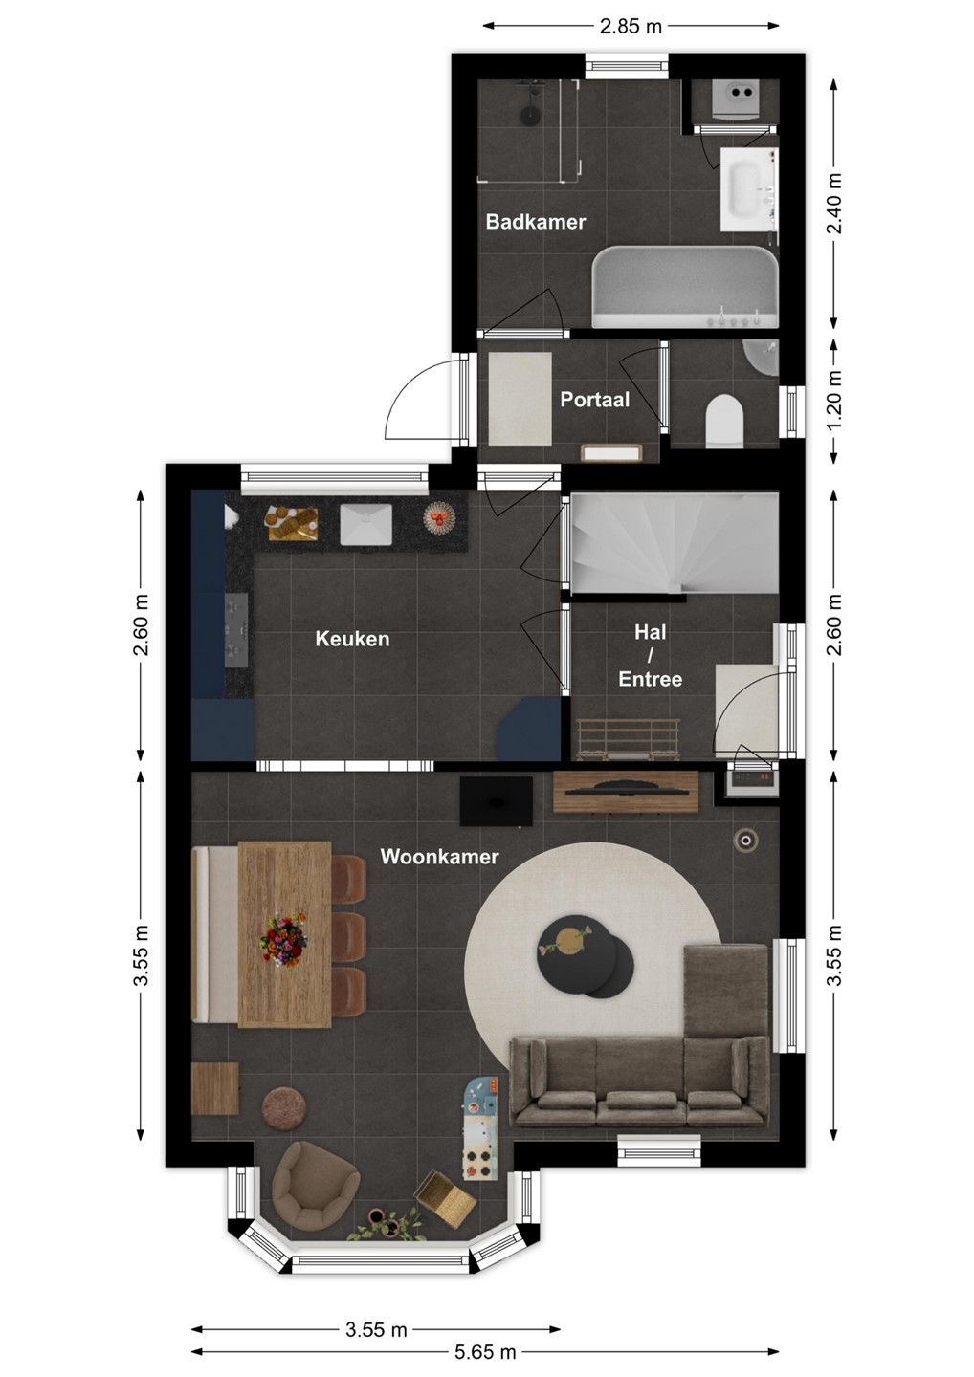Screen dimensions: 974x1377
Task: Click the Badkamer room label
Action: [x=535, y=222]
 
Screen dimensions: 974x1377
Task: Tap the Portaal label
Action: [x=594, y=400]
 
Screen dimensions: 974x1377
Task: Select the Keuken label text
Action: [x=352, y=639]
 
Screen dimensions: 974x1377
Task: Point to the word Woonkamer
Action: [x=439, y=857]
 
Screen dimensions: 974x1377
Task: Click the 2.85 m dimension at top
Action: [x=631, y=26]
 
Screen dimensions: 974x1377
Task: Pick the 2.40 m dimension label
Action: [x=833, y=203]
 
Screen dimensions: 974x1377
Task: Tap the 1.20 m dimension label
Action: [x=833, y=401]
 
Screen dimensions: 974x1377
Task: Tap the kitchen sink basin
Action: [x=365, y=524]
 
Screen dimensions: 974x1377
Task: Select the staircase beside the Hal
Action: [x=675, y=543]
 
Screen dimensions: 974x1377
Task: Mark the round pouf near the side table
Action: [x=284, y=1108]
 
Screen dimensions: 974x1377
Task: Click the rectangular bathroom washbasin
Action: [x=746, y=188]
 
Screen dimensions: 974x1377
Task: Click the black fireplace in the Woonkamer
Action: [x=497, y=801]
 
